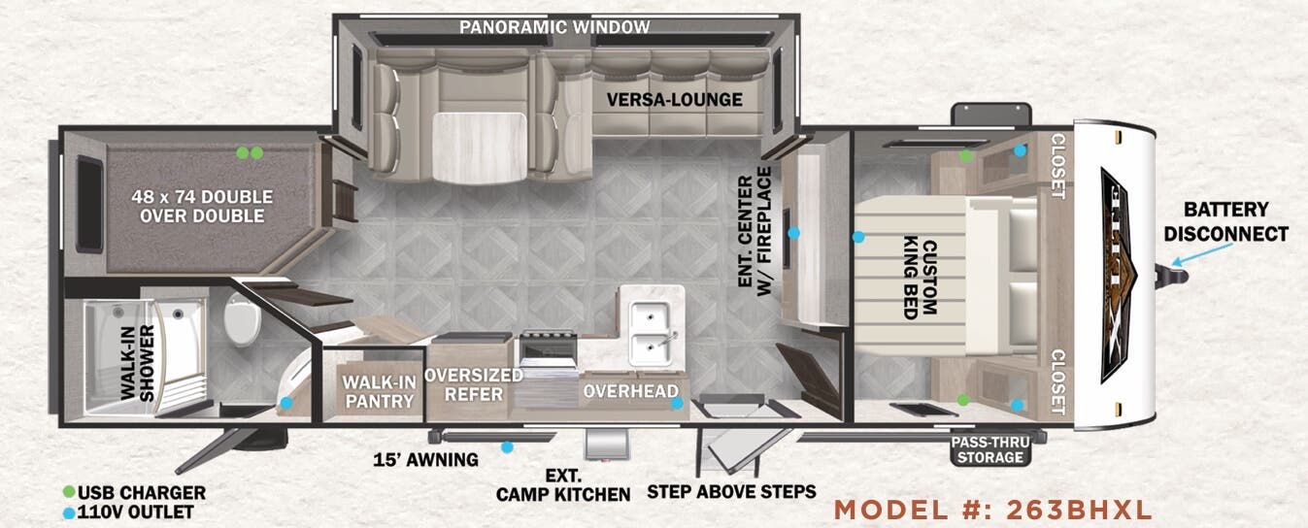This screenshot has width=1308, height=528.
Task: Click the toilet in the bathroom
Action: coord(243,319)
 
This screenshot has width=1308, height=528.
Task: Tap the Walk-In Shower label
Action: coord(138,362)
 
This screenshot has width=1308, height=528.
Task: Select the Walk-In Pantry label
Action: coord(379,391)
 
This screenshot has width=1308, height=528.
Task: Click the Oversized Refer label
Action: coord(474,384)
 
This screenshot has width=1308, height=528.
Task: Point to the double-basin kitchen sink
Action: coord(650,333)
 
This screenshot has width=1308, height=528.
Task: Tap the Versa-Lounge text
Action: coord(675,100)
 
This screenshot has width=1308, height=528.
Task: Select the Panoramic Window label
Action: coord(554,27)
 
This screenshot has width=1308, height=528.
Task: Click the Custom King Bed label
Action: coord(921,278)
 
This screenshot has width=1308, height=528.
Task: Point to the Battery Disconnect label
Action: coord(1226,221)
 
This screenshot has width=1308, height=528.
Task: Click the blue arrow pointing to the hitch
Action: coord(1202,254)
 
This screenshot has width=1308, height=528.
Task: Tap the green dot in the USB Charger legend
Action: coord(69,492)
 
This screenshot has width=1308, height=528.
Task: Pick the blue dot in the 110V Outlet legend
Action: coord(69,512)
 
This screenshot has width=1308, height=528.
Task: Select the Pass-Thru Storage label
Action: coord(990,449)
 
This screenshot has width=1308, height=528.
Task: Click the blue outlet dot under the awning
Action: coord(508,447)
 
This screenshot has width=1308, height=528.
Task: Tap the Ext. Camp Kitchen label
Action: coord(563,485)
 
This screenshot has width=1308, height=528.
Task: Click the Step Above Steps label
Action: coord(731,492)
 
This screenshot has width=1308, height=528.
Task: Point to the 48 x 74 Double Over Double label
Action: coord(202,206)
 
